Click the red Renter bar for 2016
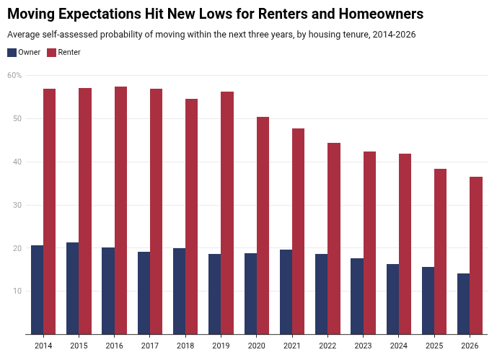click(x=120, y=211)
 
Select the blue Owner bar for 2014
click(x=37, y=289)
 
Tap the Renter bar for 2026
click(x=476, y=255)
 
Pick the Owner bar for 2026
click(x=463, y=304)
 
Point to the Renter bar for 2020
click(x=263, y=226)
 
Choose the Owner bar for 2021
click(x=286, y=292)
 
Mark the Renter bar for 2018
click(x=191, y=216)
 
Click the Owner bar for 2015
click(x=73, y=289)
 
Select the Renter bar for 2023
click(x=369, y=243)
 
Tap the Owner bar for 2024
click(x=392, y=299)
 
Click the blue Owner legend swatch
click(x=12, y=53)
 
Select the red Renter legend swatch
click(x=51, y=53)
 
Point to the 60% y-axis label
click(x=14, y=76)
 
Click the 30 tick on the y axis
click(x=17, y=205)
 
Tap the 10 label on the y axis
click(x=17, y=291)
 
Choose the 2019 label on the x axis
click(x=221, y=346)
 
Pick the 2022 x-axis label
click(x=327, y=346)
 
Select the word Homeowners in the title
click(x=381, y=14)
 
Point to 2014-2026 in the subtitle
click(x=394, y=35)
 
